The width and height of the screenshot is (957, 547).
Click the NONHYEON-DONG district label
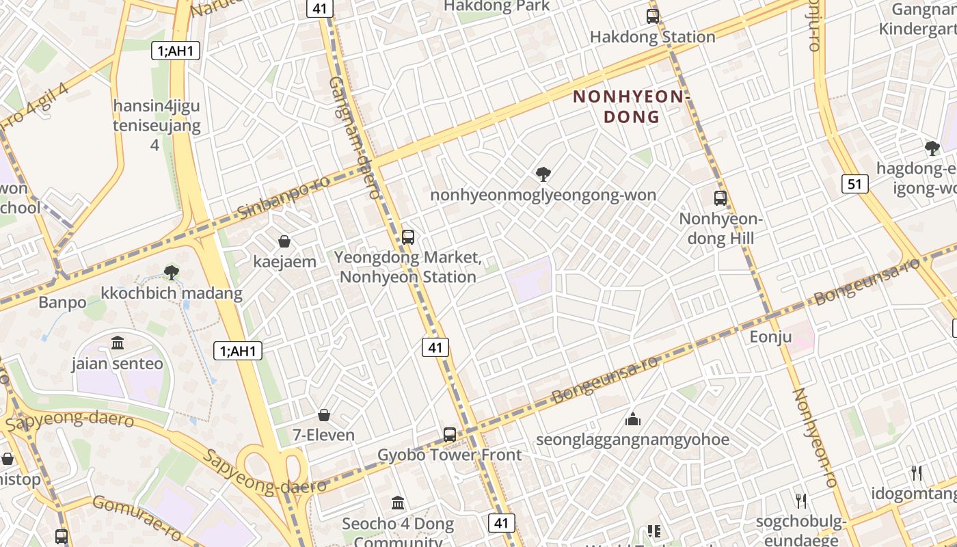(x=629, y=107)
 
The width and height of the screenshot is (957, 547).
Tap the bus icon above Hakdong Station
(x=653, y=16)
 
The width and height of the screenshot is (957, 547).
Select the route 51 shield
(x=855, y=183)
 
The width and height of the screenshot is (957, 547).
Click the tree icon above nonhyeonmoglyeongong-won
(x=543, y=174)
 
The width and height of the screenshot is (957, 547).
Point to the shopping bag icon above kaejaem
(x=284, y=241)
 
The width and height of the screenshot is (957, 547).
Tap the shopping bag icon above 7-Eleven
(x=324, y=415)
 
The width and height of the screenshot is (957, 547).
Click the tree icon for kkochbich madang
(x=172, y=273)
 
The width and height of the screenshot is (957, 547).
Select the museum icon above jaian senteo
(x=118, y=343)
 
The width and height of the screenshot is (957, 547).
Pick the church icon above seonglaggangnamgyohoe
(x=632, y=419)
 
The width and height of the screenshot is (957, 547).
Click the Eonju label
(x=770, y=336)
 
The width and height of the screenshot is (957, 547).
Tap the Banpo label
(x=62, y=302)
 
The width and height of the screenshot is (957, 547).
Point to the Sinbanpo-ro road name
(x=283, y=196)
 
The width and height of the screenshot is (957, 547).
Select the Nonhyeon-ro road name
(x=815, y=438)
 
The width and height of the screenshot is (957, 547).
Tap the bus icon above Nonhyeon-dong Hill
(x=720, y=198)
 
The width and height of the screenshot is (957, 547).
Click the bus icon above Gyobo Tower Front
(x=449, y=434)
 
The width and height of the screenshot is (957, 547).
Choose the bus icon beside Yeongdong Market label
(x=408, y=237)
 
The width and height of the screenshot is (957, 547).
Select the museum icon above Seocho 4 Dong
(x=398, y=503)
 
